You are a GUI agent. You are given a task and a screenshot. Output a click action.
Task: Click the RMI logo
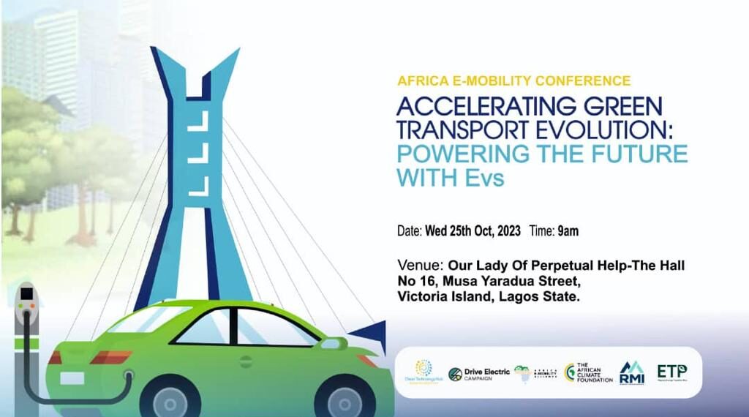pyautogui.click(x=631, y=373)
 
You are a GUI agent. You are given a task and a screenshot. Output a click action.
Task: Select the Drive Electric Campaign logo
pyautogui.click(x=479, y=374)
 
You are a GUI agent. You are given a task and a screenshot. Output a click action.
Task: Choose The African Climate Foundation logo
pyautogui.click(x=589, y=373)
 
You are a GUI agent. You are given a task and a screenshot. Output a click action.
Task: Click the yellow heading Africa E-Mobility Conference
pyautogui.click(x=513, y=80)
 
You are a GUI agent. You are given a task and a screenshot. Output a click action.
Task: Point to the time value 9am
pyautogui.click(x=568, y=231)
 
